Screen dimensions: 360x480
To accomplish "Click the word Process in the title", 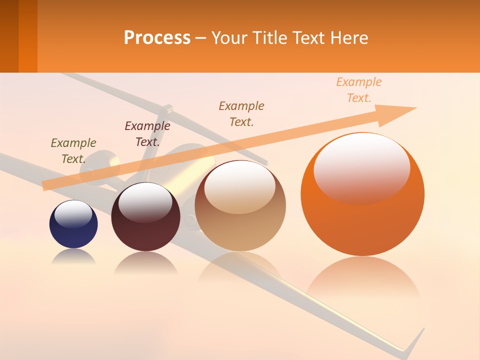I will [x=157, y=38].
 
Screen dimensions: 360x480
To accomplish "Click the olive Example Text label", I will [x=73, y=151].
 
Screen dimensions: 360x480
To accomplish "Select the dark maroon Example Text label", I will [x=147, y=134].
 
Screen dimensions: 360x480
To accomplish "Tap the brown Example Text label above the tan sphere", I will [x=241, y=114].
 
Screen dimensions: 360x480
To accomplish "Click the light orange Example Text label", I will [x=359, y=90].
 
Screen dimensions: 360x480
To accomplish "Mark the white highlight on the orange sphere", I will [x=361, y=167].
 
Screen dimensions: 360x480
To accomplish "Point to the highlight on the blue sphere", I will [x=73, y=213].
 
